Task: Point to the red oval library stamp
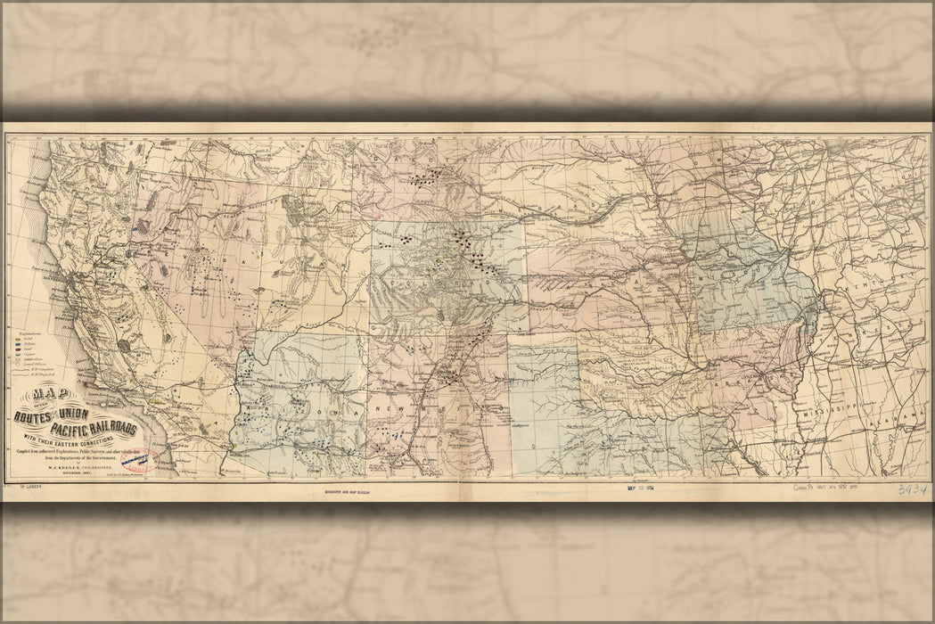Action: click(x=144, y=461)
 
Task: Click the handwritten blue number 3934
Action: click(x=912, y=489)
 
